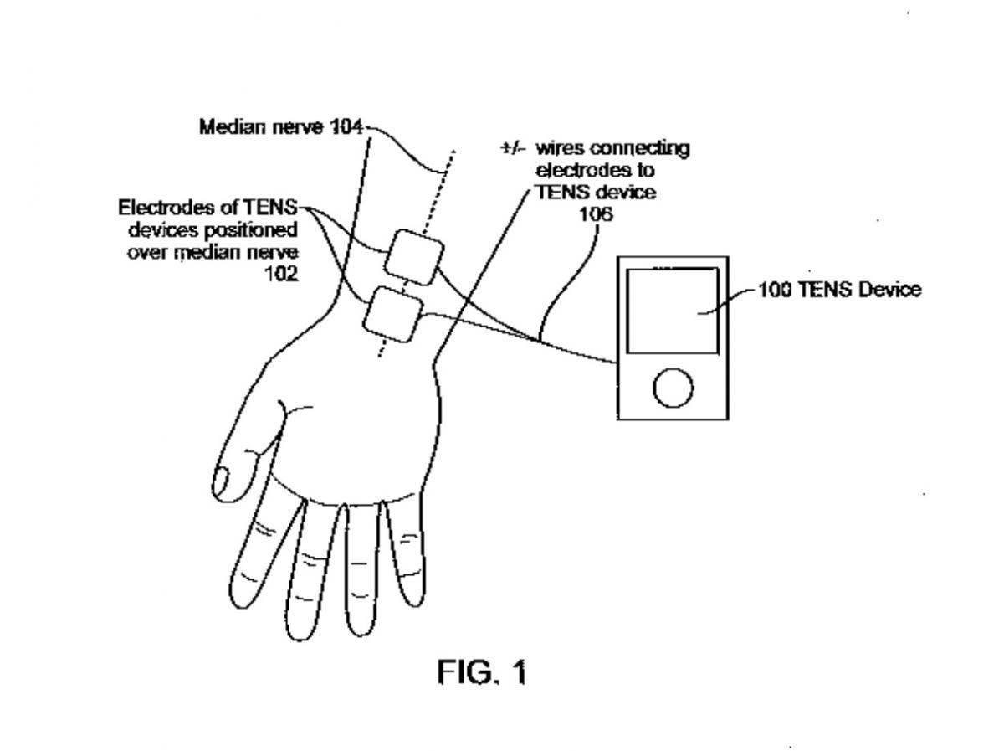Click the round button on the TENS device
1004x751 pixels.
[673, 388]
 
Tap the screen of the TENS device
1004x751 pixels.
[672, 311]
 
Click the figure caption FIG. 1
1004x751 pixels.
[483, 671]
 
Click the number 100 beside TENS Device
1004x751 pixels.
[773, 291]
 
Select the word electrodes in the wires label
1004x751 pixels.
[583, 171]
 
